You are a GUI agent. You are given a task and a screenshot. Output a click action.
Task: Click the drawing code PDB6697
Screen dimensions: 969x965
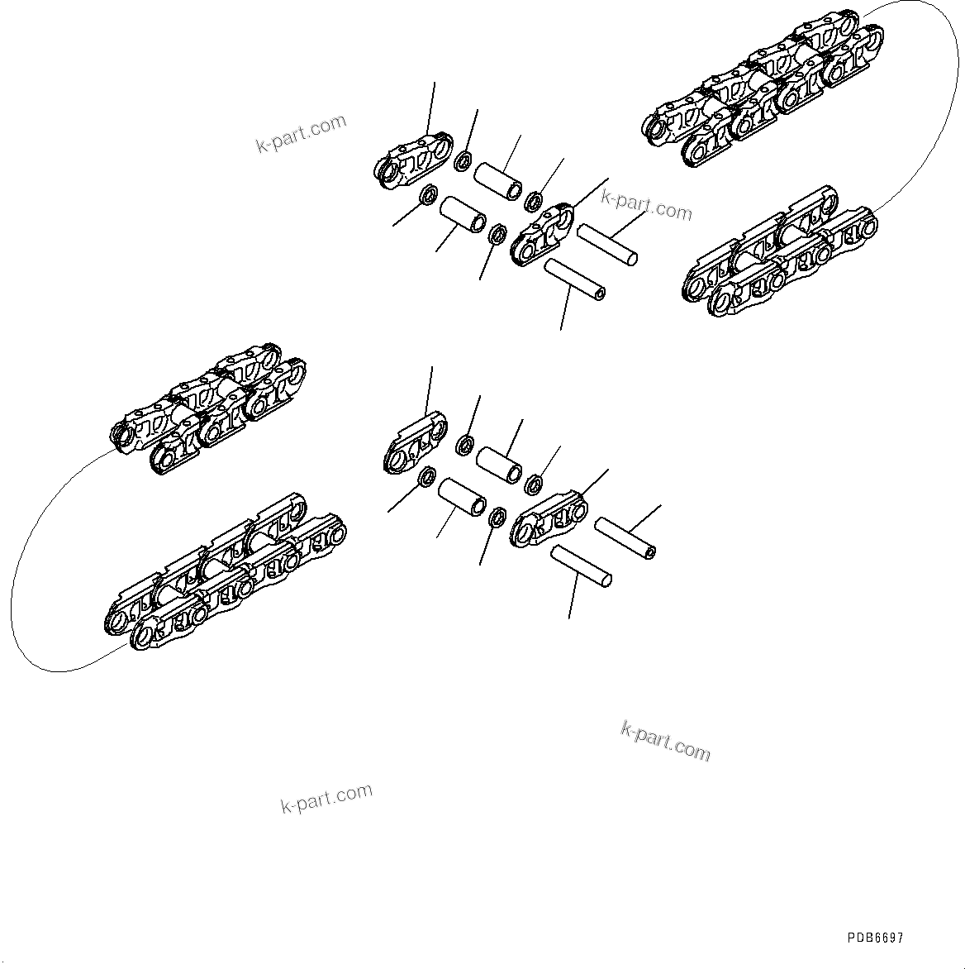(x=875, y=938)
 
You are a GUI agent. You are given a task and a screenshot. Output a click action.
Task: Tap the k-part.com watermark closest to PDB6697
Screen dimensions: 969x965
(x=665, y=740)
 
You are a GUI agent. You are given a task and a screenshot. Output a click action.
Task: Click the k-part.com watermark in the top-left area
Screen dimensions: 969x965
(x=301, y=134)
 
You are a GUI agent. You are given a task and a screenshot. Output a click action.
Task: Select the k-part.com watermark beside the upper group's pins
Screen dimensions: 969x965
(x=646, y=206)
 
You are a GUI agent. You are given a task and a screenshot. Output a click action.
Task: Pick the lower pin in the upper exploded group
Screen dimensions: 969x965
(x=575, y=278)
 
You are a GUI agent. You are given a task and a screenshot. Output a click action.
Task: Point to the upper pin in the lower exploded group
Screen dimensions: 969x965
(x=625, y=537)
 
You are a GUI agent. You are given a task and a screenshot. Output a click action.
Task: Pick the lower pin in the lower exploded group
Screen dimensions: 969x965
(x=582, y=566)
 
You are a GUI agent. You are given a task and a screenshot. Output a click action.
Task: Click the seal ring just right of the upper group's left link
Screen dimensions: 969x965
(x=464, y=160)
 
